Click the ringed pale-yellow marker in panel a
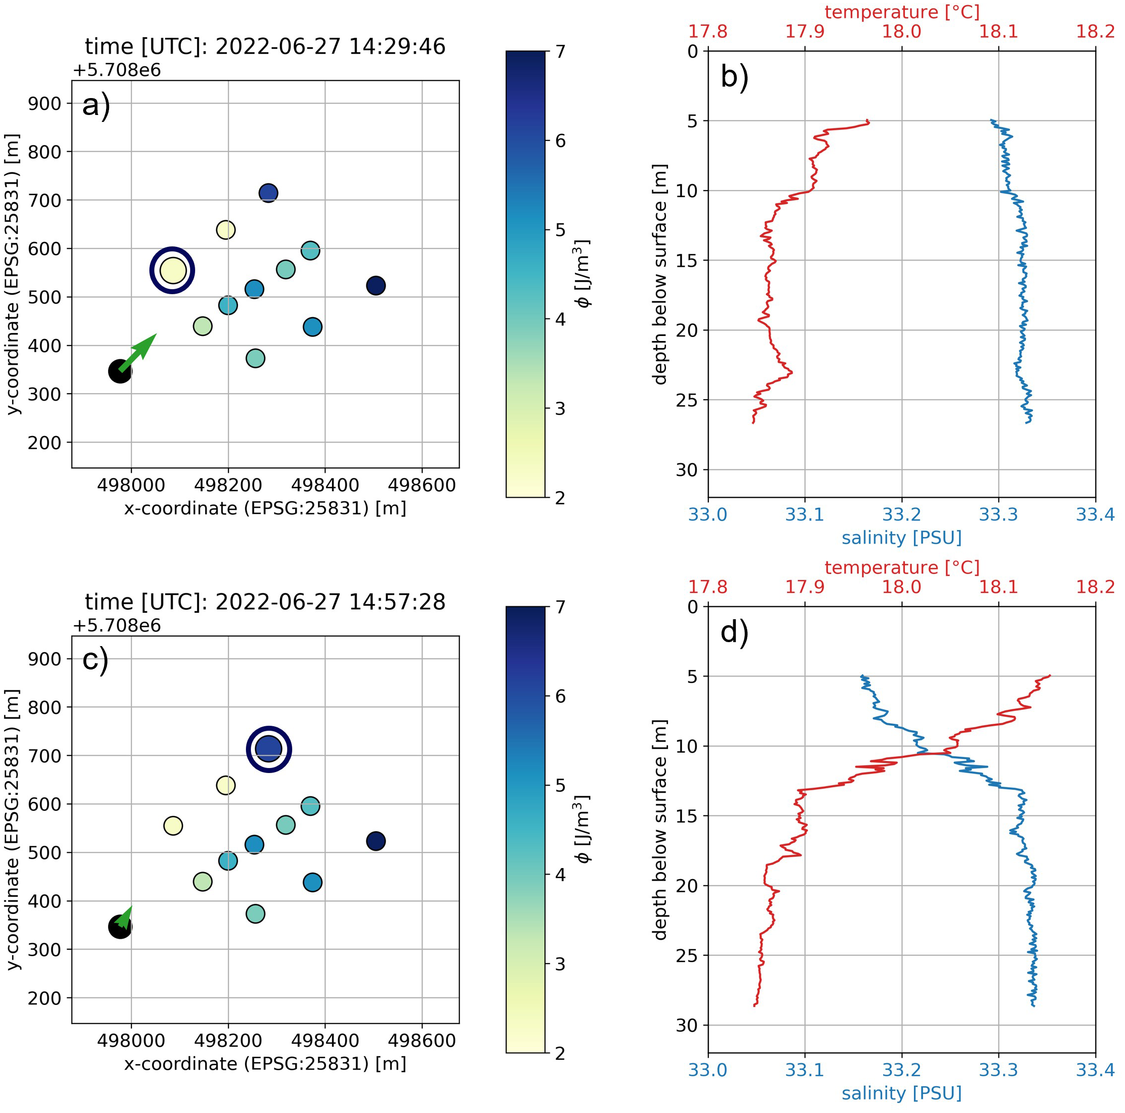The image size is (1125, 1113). tap(172, 270)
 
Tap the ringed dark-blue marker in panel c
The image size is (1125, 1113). tap(268, 750)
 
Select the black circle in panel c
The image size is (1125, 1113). tap(119, 927)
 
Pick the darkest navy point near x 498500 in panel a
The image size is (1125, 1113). tap(376, 285)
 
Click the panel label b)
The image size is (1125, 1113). tap(734, 76)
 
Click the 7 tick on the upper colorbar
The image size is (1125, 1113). tap(560, 51)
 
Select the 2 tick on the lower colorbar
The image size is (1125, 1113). tap(560, 1053)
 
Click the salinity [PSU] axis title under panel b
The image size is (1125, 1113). tap(901, 537)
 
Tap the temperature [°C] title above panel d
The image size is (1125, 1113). tap(901, 567)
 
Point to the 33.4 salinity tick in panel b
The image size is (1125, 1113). tap(1095, 515)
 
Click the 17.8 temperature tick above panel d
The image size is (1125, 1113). tap(707, 586)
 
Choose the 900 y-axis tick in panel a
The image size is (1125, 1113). tap(44, 104)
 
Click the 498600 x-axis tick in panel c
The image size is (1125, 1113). tap(422, 1040)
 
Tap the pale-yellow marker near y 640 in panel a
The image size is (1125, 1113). tap(226, 229)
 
